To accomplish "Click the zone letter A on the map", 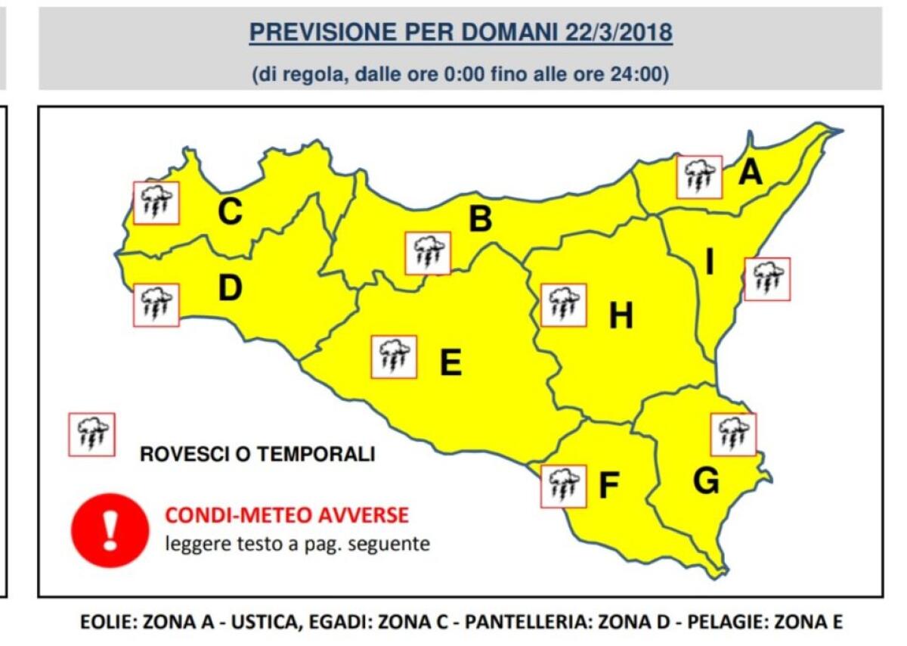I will click(750, 173).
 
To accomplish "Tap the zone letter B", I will click(481, 219).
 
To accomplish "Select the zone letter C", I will click(230, 212).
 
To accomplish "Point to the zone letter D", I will click(230, 287).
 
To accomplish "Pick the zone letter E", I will click(450, 363).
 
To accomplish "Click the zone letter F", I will click(609, 486).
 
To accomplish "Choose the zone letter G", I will click(706, 481).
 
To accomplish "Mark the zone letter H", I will click(621, 316).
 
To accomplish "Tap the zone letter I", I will click(710, 262).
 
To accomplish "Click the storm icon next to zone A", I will click(699, 177).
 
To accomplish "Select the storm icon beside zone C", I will click(156, 203).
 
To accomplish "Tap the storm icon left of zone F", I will click(564, 486).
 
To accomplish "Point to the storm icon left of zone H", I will click(564, 305).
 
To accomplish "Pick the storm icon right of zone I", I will click(767, 279).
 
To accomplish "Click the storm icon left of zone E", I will click(394, 356).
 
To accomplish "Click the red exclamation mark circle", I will click(110, 530).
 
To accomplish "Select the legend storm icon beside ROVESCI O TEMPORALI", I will click(91, 434).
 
